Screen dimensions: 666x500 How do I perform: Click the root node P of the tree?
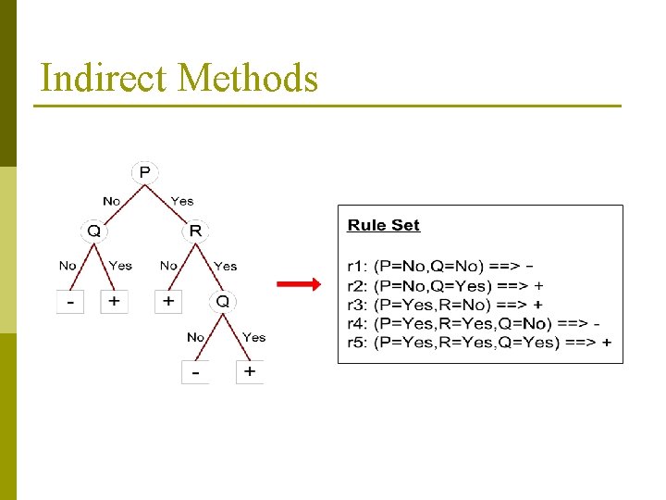tap(145, 172)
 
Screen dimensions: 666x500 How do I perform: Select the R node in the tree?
tap(196, 230)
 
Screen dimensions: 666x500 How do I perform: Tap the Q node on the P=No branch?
tap(93, 230)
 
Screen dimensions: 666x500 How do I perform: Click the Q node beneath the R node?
tap(223, 302)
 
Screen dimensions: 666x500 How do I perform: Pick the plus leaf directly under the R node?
tap(168, 302)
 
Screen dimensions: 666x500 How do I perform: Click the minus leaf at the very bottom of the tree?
tap(195, 372)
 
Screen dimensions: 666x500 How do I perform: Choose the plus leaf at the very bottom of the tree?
tap(250, 372)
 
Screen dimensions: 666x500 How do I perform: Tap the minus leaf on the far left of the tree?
tap(69, 302)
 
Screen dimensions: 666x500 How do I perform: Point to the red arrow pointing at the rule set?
tap(299, 285)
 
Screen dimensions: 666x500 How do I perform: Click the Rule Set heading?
tap(383, 225)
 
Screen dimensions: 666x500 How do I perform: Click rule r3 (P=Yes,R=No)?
tap(445, 305)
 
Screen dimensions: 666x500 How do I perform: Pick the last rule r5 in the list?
tap(479, 342)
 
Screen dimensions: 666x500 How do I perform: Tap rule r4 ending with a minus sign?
tap(474, 323)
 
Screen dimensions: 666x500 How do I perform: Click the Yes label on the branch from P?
tap(182, 201)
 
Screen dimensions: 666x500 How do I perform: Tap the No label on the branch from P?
tap(112, 201)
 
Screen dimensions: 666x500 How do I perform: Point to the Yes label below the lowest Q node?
tap(253, 337)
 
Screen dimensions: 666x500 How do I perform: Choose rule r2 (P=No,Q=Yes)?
tap(445, 286)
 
